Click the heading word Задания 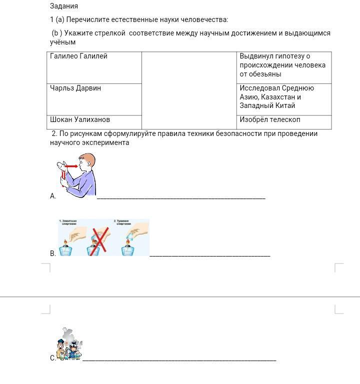tap(64, 6)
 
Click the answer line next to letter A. tap(180, 198)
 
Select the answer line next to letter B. tap(209, 255)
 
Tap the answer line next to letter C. tap(179, 359)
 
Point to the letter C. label tap(52, 358)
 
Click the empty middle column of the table tap(189, 90)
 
